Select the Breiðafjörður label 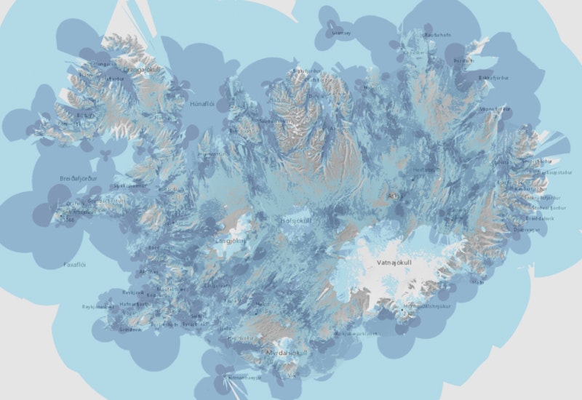[78, 178]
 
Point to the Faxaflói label [75, 265]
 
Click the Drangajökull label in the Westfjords [143, 70]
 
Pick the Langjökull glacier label [231, 241]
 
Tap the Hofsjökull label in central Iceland [296, 220]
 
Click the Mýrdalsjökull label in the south [287, 353]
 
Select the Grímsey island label [341, 33]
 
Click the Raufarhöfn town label [438, 34]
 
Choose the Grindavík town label [132, 329]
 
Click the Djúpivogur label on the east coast [527, 229]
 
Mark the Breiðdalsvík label [540, 218]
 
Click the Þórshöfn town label [463, 61]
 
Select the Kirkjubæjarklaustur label [356, 333]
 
